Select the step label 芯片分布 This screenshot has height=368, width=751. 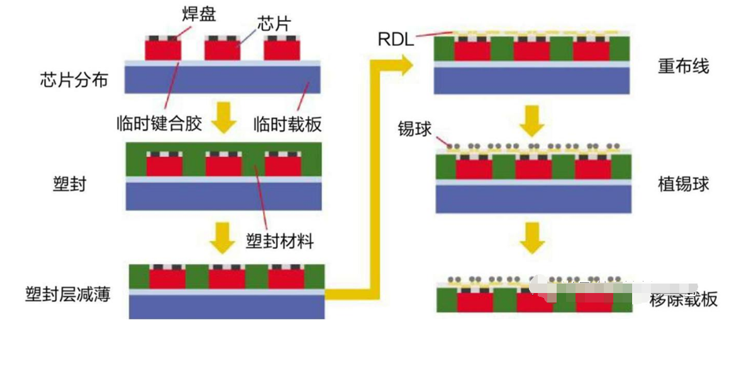click(74, 80)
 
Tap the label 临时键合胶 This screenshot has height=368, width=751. click(159, 123)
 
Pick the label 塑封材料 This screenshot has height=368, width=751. click(279, 241)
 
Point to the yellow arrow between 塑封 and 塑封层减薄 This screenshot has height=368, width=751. click(221, 234)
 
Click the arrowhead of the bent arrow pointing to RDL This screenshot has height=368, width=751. click(401, 64)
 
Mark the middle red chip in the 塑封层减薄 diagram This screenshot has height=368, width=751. click(227, 278)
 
